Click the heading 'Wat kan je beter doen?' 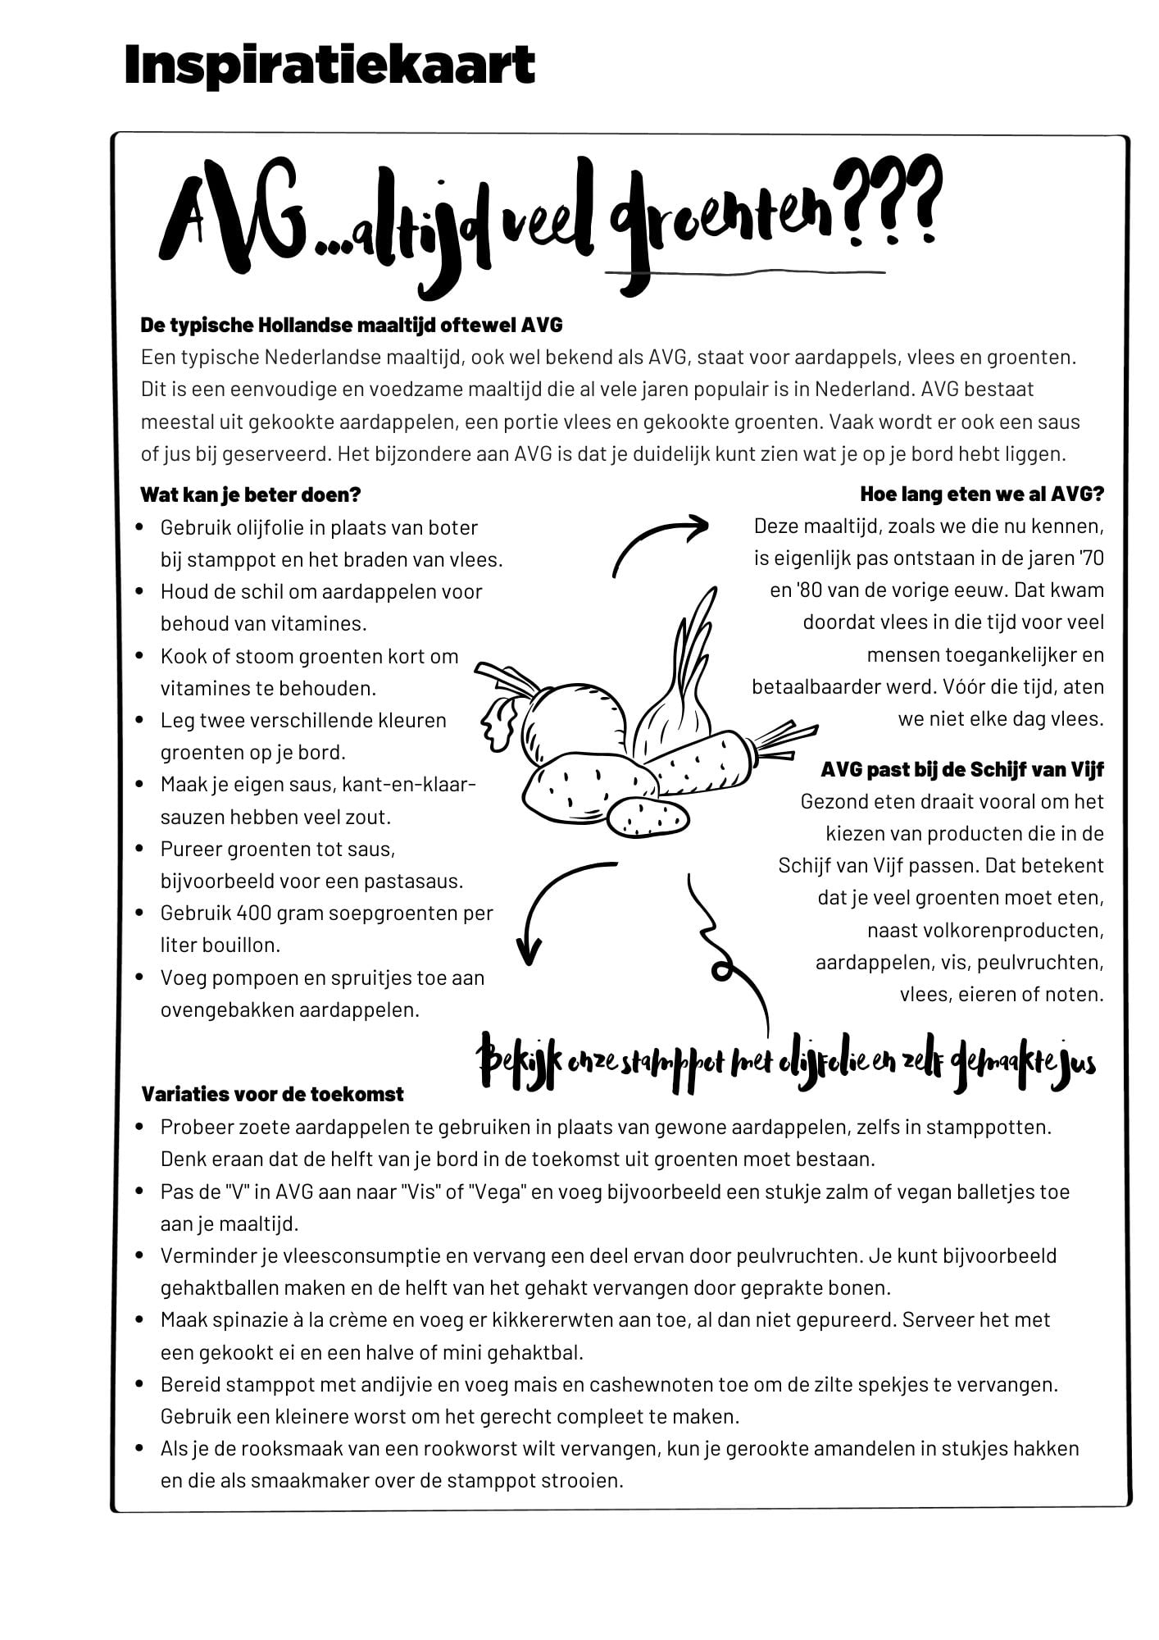point(250,494)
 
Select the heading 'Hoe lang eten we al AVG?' point(982,494)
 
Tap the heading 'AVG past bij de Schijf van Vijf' point(961,769)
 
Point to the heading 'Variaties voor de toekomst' point(272,1094)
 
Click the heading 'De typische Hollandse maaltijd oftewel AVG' point(352,325)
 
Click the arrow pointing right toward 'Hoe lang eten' point(660,541)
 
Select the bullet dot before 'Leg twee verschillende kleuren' point(142,721)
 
